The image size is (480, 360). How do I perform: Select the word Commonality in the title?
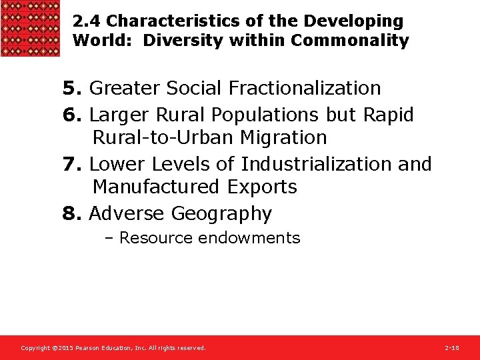coord(350,41)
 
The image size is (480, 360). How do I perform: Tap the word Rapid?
coord(388,115)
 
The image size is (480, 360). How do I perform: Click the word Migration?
coord(282,138)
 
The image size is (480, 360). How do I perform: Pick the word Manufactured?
coord(158,187)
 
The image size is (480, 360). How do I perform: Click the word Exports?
coord(263,187)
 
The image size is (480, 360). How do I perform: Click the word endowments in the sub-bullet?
coord(257,238)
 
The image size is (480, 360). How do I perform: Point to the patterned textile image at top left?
coord(30,28)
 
